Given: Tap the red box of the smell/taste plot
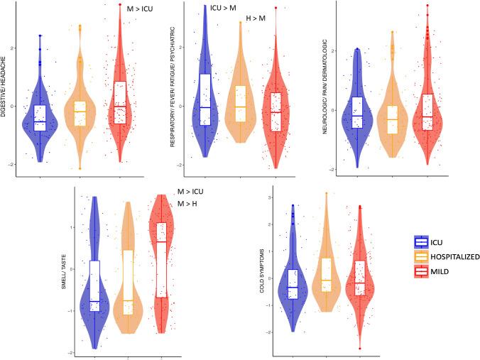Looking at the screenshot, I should [161, 260].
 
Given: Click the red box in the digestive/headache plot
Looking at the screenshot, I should [119, 102].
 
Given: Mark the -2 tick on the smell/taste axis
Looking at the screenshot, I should [82, 353].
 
